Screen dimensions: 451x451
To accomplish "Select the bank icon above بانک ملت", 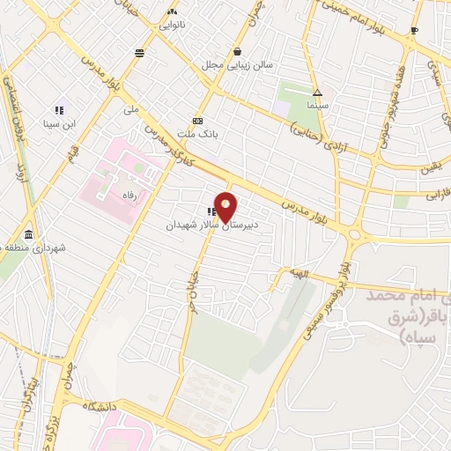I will point(197,122).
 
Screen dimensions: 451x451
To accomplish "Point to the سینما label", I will point(317,107).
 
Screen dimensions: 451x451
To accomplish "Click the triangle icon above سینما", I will point(317,93).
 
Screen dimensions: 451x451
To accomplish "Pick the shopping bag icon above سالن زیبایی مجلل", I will point(237,51).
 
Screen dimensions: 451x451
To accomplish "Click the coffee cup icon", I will point(414,31).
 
